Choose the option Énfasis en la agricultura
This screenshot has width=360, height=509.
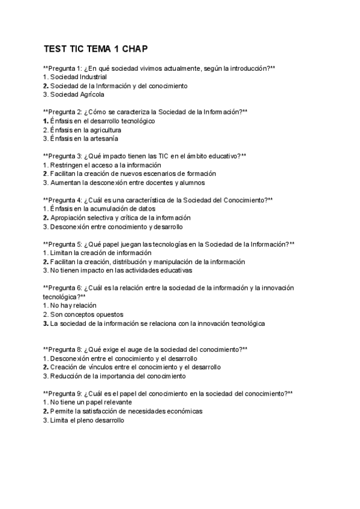click(x=86, y=130)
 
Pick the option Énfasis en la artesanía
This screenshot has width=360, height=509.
click(x=84, y=138)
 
